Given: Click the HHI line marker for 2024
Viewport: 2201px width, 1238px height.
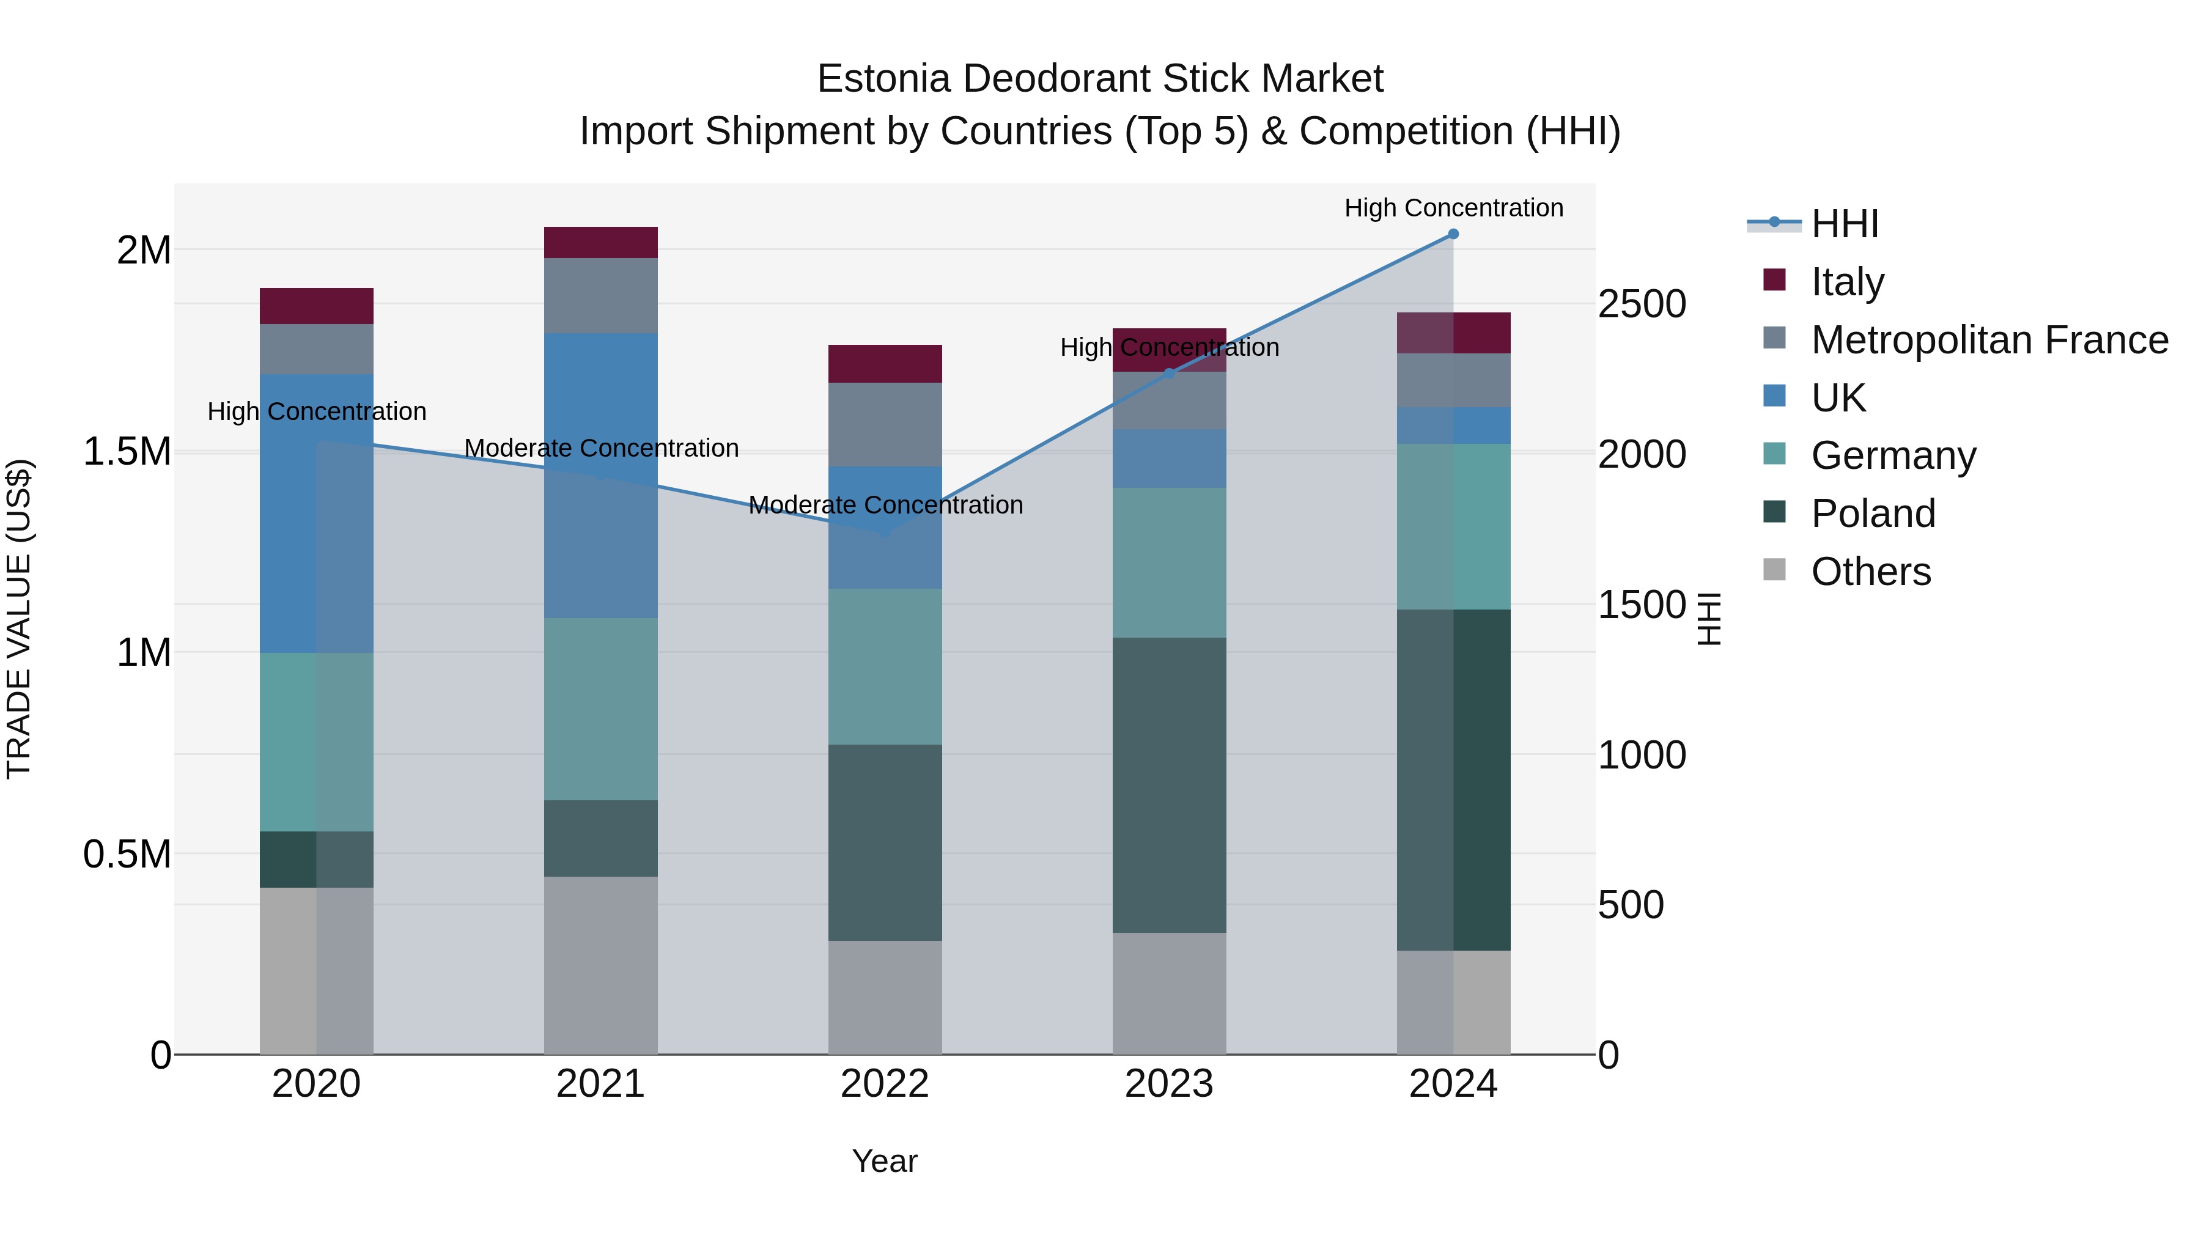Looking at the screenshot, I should (1453, 234).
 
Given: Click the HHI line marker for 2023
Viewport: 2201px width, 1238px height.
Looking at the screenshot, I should (1170, 374).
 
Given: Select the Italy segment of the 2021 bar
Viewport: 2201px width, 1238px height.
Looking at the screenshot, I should (600, 243).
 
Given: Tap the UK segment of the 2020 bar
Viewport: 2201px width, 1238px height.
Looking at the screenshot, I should (316, 514).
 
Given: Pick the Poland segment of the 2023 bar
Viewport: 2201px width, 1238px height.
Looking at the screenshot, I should (1170, 784).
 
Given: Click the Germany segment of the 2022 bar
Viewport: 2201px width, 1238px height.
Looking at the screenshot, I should (885, 666).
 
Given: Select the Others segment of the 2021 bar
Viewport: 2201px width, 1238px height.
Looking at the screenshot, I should (600, 965).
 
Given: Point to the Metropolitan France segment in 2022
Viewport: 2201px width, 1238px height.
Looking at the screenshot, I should (885, 425).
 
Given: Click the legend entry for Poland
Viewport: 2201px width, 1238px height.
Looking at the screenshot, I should (1873, 514).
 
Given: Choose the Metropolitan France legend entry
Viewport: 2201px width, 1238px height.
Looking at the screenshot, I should (1989, 340).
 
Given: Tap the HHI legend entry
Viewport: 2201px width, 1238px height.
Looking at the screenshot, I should (1844, 224).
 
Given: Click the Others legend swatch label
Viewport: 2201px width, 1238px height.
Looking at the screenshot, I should (1870, 572).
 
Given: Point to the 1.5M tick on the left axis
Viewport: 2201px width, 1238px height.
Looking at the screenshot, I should (127, 451).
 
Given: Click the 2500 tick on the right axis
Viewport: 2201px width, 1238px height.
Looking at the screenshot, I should (1642, 304).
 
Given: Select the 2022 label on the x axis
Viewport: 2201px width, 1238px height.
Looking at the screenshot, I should (885, 1084).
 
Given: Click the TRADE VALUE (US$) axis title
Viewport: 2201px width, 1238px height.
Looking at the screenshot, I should (19, 619).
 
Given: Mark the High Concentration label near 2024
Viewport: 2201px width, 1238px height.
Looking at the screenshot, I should (1453, 208).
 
